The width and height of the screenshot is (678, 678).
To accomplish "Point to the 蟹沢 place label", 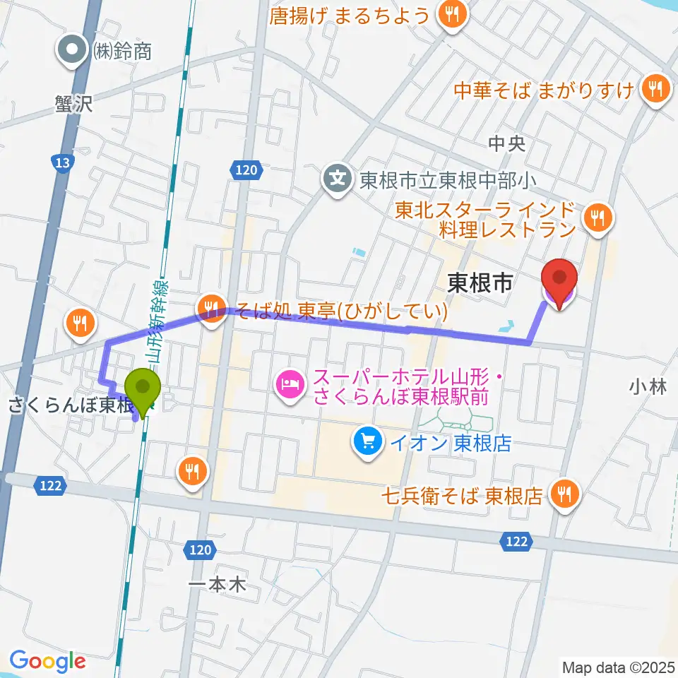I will [73, 104].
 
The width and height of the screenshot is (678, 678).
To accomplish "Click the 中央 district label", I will [507, 144].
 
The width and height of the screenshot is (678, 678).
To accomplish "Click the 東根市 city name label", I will [480, 284].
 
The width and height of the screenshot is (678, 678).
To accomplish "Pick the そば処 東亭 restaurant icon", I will [210, 308].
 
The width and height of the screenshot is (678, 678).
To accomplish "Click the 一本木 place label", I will [218, 585].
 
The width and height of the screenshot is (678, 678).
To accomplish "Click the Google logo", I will [47, 661].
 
